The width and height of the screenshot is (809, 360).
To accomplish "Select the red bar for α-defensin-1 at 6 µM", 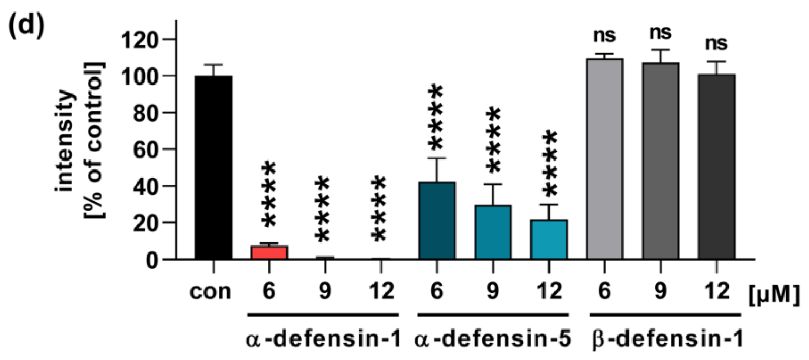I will (269, 252).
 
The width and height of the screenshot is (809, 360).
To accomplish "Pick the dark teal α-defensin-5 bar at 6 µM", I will (437, 220).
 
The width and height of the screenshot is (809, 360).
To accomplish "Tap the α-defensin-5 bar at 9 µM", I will (493, 232).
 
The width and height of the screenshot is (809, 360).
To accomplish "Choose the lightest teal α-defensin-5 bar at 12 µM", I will (549, 240).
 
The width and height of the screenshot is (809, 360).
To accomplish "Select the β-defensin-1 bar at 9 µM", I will (661, 161).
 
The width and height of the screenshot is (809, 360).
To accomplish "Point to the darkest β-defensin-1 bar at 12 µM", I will (717, 166).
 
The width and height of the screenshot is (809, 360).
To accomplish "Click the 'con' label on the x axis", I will (210, 292).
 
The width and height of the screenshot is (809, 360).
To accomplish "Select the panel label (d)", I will (26, 27).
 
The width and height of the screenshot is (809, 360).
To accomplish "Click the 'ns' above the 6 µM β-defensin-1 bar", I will (604, 36).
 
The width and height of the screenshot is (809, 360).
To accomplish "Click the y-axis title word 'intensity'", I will (65, 141).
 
